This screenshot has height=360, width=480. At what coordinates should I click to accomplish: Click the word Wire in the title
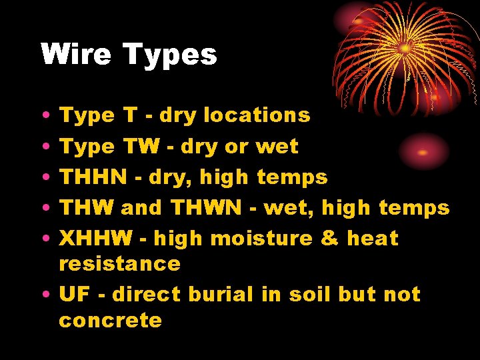[74, 55]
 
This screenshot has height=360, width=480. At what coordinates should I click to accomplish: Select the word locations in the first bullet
[257, 115]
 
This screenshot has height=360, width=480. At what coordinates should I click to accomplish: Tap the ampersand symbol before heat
[330, 238]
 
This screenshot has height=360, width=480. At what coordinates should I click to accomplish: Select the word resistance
[119, 263]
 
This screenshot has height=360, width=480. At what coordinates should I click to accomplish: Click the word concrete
[110, 320]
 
